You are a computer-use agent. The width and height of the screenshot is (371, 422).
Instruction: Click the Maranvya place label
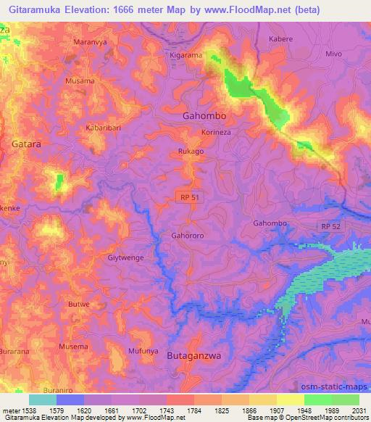(91, 42)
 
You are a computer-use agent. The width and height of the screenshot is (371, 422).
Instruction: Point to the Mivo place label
(333, 54)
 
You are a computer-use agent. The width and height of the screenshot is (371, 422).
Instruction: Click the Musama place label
(80, 81)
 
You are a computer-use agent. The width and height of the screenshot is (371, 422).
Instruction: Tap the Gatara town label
(27, 144)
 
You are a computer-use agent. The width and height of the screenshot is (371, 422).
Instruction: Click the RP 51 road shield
(188, 196)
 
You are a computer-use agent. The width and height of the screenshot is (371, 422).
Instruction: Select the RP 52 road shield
(330, 227)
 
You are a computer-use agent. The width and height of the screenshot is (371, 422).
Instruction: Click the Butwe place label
(78, 304)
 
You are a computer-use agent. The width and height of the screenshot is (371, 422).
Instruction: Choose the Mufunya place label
(124, 349)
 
